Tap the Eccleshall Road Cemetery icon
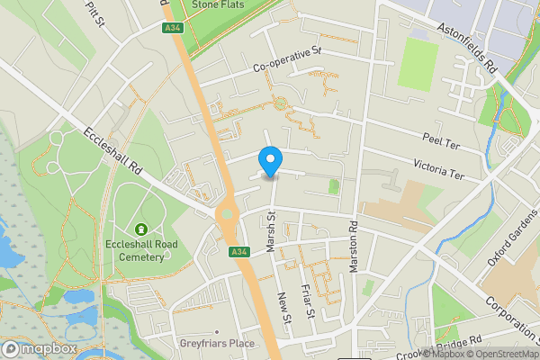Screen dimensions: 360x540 coord(141,231)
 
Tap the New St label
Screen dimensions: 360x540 coord(284,309)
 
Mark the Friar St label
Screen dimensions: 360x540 coord(308,302)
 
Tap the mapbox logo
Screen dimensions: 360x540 coord(40,348)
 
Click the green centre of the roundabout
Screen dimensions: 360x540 coord(226,216)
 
